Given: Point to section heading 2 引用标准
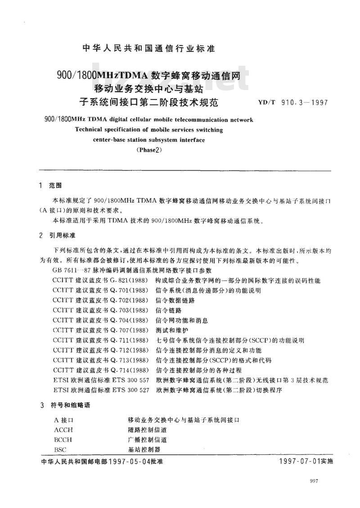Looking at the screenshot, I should point(57,236).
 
